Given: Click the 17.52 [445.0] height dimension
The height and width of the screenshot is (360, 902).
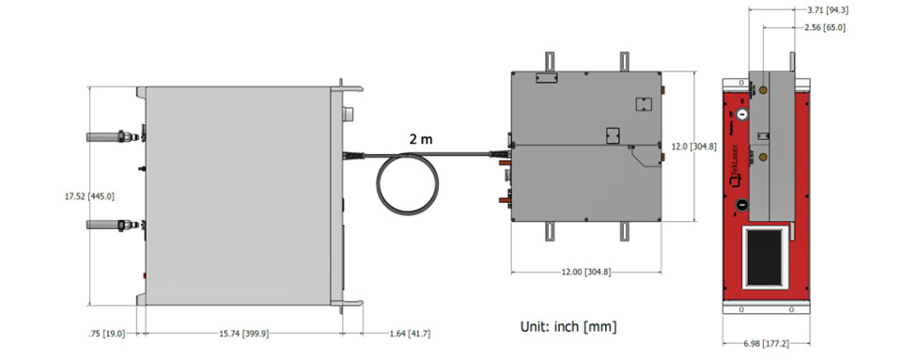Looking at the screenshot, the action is click(89, 196).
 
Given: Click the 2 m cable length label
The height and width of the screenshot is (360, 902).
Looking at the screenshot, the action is click(421, 138).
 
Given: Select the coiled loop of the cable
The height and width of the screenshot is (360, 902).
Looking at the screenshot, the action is click(408, 184).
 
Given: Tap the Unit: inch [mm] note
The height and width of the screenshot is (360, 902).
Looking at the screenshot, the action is click(568, 327).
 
